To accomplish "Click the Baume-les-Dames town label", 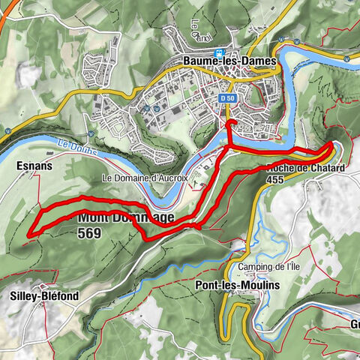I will (x=229, y=61).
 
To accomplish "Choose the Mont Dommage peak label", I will (x=124, y=217).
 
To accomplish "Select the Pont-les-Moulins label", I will (x=229, y=286).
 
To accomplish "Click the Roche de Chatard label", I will (x=306, y=168).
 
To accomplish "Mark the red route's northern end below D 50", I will (x=230, y=121).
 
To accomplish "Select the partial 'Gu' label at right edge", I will (x=352, y=324).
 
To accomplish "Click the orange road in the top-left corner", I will (x=6, y=11).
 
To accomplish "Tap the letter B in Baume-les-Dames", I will (x=187, y=61).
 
